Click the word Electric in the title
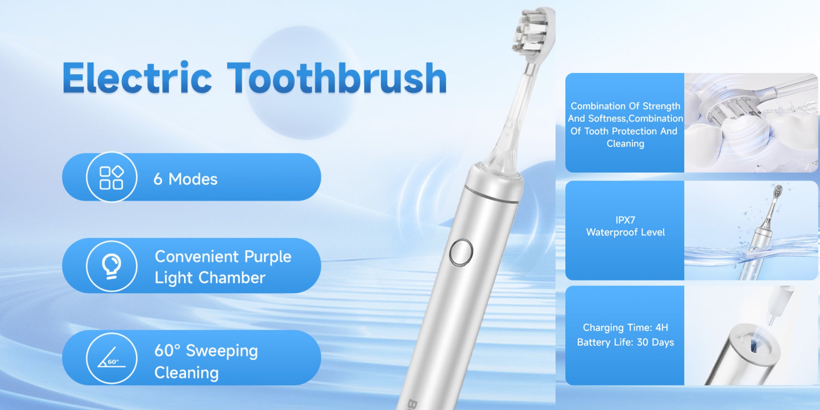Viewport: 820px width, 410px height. pos(137,78)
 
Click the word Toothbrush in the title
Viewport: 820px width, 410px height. pos(337,78)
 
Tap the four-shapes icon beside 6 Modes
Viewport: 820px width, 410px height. pos(112,178)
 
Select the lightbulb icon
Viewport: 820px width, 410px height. pos(112,266)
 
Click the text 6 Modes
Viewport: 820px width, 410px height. pos(185,179)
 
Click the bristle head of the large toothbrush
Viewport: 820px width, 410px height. pos(533,33)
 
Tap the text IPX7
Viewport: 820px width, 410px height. pos(625,220)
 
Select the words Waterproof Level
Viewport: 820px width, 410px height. pos(625,232)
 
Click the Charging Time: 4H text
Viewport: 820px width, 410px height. pos(625,328)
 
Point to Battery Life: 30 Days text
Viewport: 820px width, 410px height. pos(625,342)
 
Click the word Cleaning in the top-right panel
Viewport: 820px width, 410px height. pos(625,143)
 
